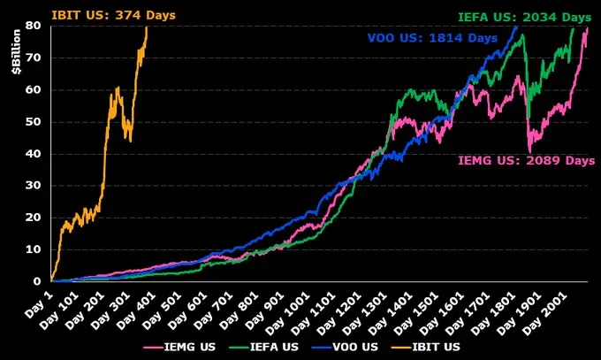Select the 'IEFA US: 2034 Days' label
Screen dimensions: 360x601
click(524, 17)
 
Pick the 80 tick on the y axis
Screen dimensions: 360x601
click(34, 26)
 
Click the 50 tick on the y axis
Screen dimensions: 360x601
click(34, 122)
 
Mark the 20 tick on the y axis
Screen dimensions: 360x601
click(34, 218)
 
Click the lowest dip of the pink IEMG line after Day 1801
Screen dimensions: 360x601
click(529, 150)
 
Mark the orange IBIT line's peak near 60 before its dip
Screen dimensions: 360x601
click(118, 88)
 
